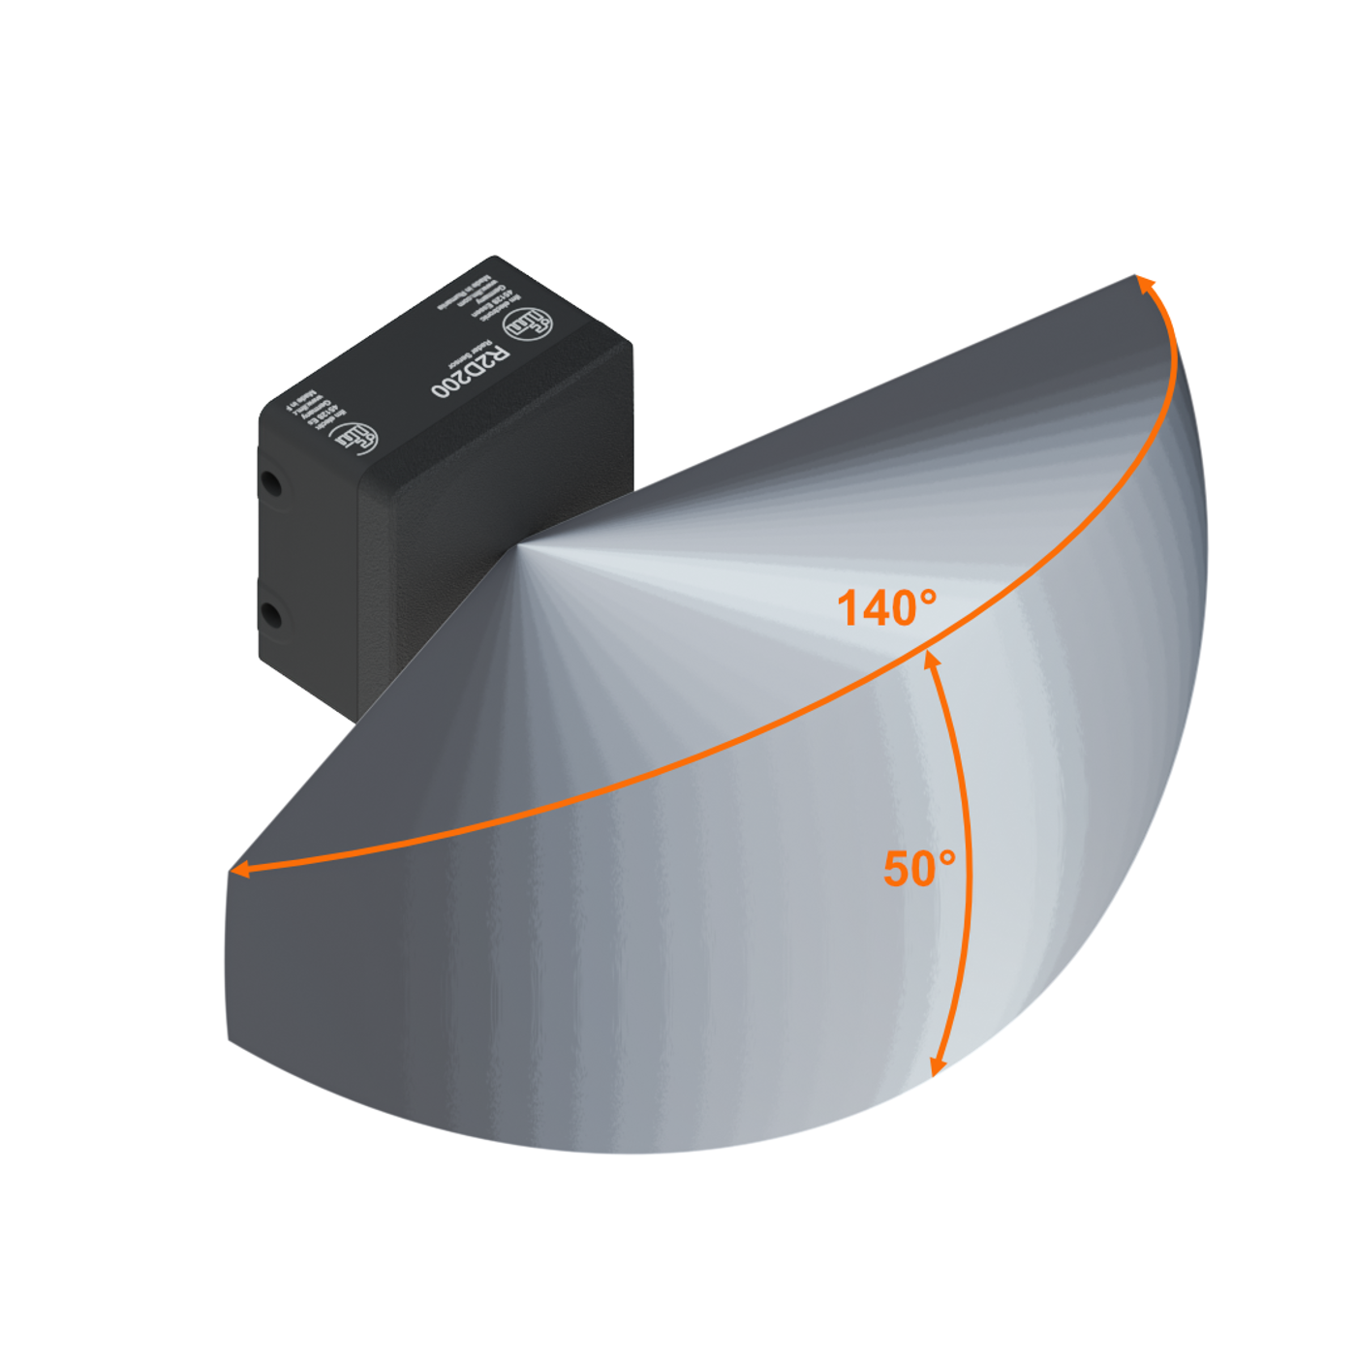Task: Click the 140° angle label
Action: click(x=886, y=608)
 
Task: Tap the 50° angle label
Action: click(x=919, y=868)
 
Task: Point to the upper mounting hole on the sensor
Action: click(x=272, y=481)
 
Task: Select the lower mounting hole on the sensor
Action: click(x=272, y=614)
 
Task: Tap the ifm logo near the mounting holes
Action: click(x=356, y=438)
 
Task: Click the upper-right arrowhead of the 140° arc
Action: click(x=1146, y=283)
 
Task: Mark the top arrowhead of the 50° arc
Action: click(x=931, y=660)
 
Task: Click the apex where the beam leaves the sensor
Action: click(x=518, y=547)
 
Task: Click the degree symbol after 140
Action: click(x=927, y=595)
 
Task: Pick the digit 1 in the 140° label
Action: click(x=847, y=609)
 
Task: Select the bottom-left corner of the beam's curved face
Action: click(x=229, y=1041)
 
